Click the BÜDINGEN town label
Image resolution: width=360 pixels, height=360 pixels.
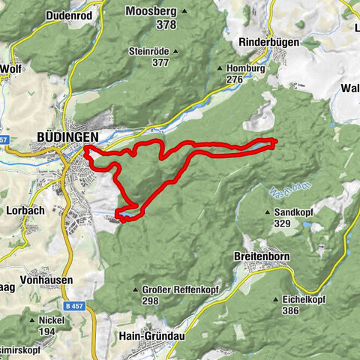point(67,136)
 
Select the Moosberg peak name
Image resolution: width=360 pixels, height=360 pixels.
point(151,11)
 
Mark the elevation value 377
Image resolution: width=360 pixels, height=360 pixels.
point(160,63)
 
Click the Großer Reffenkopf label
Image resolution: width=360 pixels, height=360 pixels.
point(176,289)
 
